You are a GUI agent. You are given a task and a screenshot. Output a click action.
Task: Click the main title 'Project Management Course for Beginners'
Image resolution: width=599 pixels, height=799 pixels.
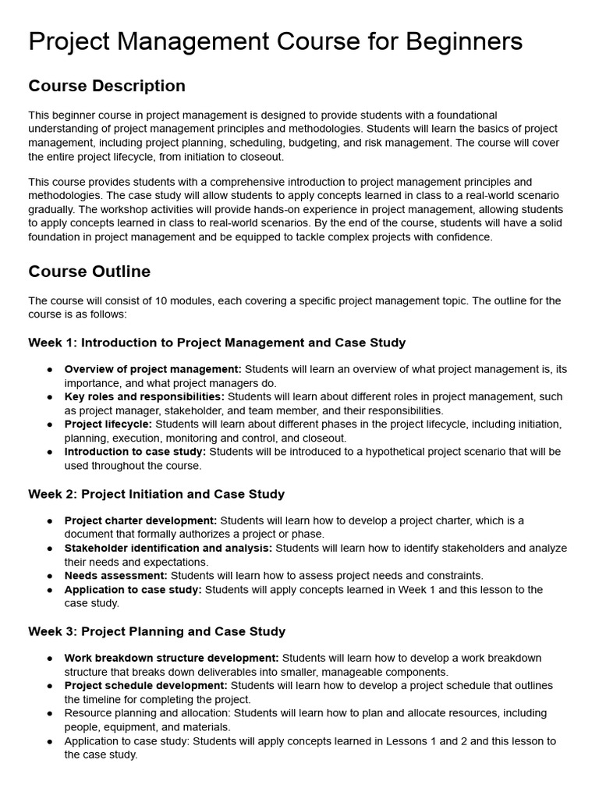tap(275, 41)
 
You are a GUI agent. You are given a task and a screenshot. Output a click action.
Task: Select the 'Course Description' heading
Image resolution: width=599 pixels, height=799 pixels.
tap(107, 86)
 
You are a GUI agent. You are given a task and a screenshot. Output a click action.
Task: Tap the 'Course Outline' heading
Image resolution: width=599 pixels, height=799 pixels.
tap(90, 272)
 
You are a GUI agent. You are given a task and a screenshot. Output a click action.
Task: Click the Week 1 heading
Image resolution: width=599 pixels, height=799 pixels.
tap(217, 343)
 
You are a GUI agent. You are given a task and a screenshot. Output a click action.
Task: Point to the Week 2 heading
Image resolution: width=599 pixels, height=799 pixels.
tap(157, 494)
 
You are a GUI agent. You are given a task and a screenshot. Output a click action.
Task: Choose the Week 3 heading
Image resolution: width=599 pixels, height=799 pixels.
tap(157, 631)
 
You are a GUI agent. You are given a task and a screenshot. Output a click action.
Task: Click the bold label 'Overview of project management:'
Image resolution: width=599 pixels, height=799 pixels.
tap(153, 369)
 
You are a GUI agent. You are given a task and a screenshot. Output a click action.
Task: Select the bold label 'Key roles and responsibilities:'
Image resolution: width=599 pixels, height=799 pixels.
tap(144, 396)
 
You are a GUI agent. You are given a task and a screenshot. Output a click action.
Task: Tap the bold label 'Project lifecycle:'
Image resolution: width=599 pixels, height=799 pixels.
tap(108, 424)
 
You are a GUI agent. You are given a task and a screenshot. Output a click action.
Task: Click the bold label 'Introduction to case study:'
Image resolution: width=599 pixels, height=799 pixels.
tap(135, 452)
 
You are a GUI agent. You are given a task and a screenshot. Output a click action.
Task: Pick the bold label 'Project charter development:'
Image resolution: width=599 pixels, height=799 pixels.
tap(140, 520)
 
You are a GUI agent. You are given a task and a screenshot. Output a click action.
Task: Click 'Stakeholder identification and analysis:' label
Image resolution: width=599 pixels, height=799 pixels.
tap(168, 548)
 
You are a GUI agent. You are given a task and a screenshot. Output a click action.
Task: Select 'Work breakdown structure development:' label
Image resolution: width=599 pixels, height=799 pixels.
tap(172, 658)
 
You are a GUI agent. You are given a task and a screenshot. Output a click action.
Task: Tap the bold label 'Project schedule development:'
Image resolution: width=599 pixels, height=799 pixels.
tap(146, 685)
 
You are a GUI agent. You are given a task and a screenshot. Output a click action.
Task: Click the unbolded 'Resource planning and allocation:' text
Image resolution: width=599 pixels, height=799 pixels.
tap(146, 713)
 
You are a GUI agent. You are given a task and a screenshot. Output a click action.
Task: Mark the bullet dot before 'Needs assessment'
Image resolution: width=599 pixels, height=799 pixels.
tap(50, 576)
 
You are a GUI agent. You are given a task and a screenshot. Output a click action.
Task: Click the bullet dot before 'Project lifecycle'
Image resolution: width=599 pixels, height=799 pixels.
tap(50, 424)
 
